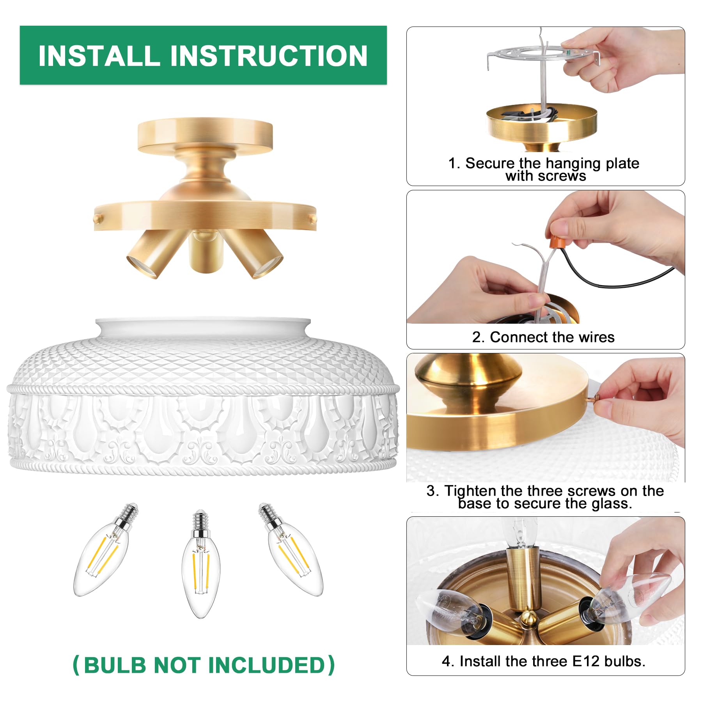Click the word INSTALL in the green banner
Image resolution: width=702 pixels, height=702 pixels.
[x=99, y=56]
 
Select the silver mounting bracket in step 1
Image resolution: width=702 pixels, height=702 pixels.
[x=542, y=55]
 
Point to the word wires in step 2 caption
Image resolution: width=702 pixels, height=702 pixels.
[x=596, y=337]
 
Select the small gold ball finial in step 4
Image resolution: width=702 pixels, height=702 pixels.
[x=529, y=617]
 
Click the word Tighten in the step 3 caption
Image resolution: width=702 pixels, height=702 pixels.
[x=470, y=491]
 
